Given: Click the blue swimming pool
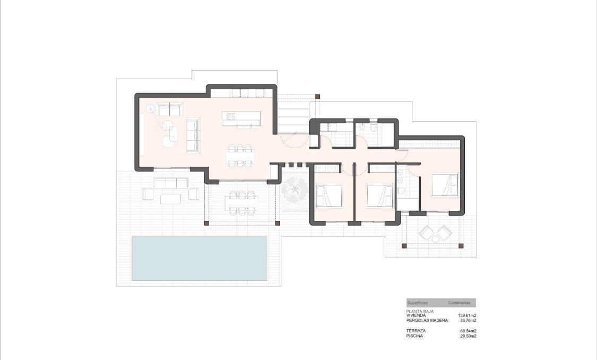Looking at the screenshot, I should [199, 258].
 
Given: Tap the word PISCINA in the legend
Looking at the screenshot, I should [416, 336].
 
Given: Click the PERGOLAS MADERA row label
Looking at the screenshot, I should [427, 320].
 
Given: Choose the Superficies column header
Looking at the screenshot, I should [418, 303].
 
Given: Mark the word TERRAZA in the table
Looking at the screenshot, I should [416, 331].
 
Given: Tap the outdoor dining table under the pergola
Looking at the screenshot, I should [242, 202].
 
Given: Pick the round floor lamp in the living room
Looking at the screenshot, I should [150, 109].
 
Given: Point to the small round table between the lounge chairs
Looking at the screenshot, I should [435, 239].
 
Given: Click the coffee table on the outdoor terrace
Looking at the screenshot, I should [170, 198].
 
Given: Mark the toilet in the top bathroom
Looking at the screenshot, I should [374, 129].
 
